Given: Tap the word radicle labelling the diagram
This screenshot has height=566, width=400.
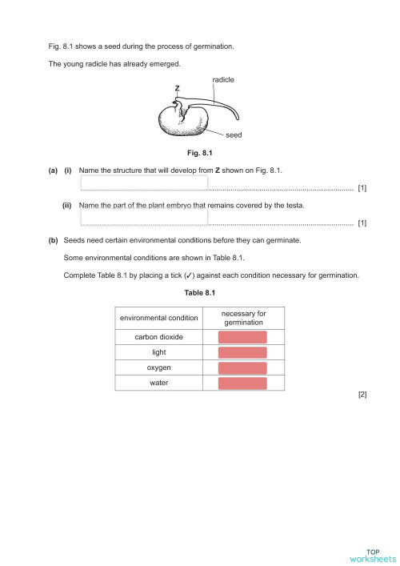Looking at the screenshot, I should click(223, 80).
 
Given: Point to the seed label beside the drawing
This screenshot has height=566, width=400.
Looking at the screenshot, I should click(234, 135).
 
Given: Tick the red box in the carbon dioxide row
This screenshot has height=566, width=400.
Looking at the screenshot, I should click(242, 337).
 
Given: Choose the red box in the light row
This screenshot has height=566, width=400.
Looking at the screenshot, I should click(242, 352).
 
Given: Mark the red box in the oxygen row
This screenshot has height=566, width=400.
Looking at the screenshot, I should click(242, 367).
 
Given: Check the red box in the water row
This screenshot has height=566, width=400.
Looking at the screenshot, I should click(242, 383).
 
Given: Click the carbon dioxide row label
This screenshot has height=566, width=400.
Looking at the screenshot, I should click(158, 337).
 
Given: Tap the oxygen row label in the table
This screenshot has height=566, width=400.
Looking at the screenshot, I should click(158, 367).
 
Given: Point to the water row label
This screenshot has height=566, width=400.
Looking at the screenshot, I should click(158, 383).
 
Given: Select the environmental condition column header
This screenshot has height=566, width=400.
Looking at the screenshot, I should click(158, 318).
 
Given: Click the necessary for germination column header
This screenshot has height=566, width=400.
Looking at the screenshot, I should click(242, 318).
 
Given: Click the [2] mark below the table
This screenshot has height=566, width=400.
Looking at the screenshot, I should click(362, 395).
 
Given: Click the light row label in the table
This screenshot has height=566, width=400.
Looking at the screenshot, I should click(158, 352).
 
